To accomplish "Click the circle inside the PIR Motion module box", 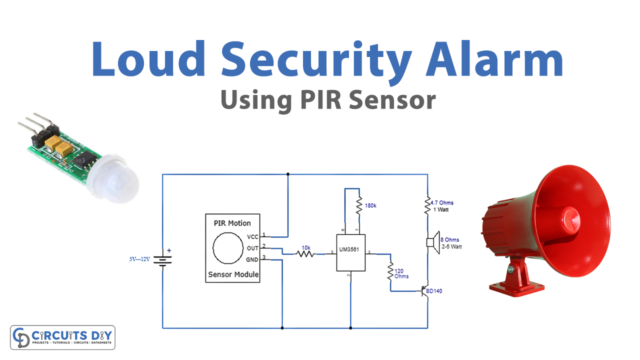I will pos(229,246).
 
